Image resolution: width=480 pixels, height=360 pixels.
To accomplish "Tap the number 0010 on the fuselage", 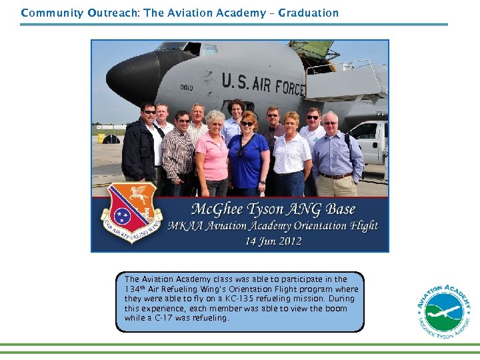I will (186, 86).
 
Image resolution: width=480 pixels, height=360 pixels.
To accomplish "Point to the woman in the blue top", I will (248, 157).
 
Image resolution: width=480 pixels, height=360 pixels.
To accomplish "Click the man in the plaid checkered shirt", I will (179, 153).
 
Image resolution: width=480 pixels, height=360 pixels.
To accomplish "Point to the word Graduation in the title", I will (308, 13).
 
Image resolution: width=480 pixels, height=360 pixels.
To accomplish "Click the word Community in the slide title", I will (52, 13).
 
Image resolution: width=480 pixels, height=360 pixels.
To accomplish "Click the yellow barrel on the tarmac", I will (101, 139).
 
